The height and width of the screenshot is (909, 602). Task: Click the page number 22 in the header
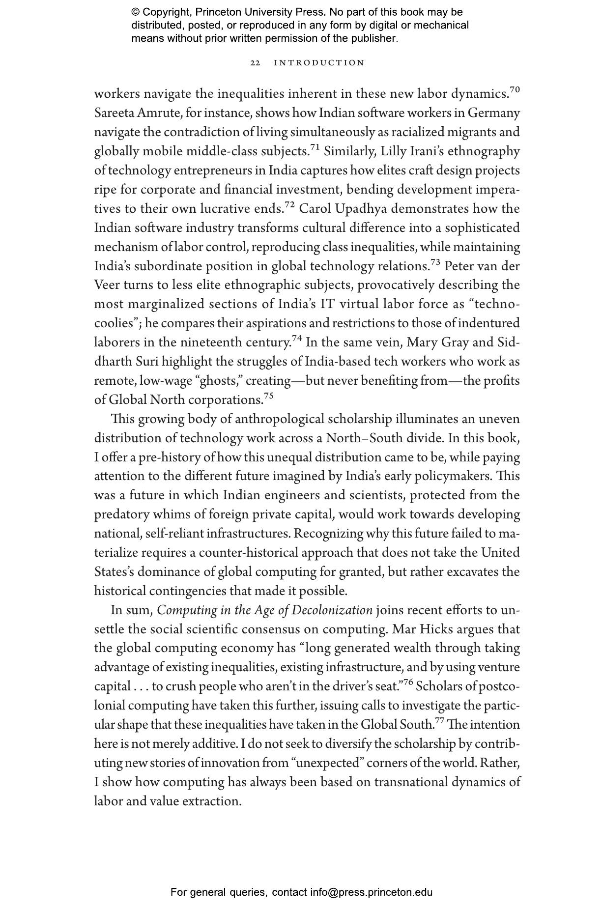255,63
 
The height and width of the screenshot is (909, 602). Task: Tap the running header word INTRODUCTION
319,63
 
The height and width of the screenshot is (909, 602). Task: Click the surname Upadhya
361,209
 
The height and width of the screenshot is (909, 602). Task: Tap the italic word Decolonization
332,610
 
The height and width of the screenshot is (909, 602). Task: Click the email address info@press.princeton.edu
371,892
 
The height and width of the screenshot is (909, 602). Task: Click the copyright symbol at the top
136,12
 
